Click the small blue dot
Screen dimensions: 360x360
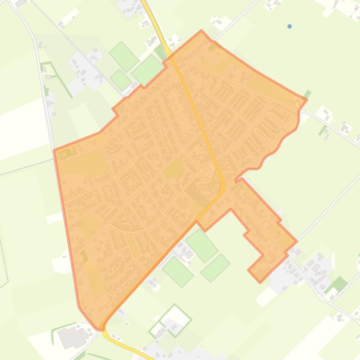click(289, 26)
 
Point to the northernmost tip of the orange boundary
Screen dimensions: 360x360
click(201, 31)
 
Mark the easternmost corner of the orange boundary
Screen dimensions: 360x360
click(307, 99)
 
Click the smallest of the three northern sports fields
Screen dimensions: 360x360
click(121, 79)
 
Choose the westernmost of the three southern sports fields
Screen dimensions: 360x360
click(178, 271)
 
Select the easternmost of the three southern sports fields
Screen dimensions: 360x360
click(215, 267)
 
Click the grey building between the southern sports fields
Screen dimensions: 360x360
click(189, 254)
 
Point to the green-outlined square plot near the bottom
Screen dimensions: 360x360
click(175, 320)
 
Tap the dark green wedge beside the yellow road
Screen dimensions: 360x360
click(161, 52)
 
